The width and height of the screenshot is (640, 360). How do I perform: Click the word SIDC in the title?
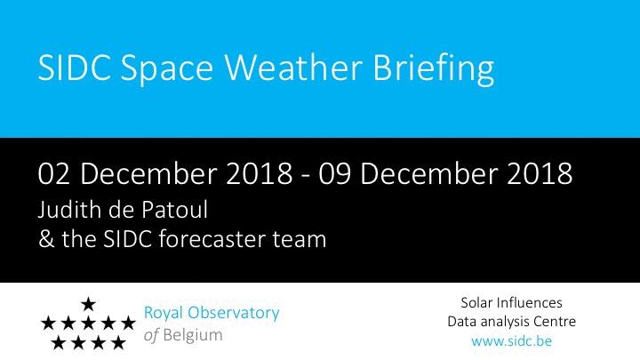(x=75, y=67)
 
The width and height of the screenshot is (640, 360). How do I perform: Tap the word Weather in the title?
(x=293, y=67)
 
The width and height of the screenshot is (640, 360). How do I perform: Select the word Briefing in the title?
(x=434, y=69)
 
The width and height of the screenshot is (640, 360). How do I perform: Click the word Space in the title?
(x=166, y=70)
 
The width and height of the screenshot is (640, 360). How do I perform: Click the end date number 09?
(x=334, y=174)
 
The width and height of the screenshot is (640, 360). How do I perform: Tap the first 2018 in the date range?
(x=260, y=174)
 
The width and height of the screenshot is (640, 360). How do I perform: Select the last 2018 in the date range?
(x=540, y=174)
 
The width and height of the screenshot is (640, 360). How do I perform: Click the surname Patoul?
(x=174, y=210)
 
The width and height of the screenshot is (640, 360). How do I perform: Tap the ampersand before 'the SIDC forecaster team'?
(x=46, y=239)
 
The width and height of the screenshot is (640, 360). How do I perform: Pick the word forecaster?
(x=212, y=239)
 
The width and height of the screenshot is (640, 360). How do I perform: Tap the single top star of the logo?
(x=88, y=304)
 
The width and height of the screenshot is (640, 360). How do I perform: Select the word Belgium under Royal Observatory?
(x=193, y=335)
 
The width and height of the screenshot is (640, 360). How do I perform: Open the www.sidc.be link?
(x=511, y=340)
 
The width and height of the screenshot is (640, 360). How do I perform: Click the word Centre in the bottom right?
(x=556, y=322)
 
